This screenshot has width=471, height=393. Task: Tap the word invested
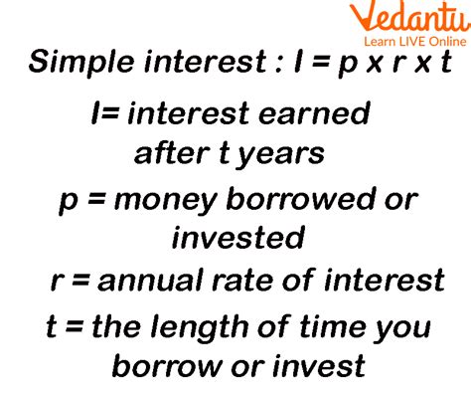237,238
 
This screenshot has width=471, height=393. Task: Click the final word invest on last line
313,366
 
